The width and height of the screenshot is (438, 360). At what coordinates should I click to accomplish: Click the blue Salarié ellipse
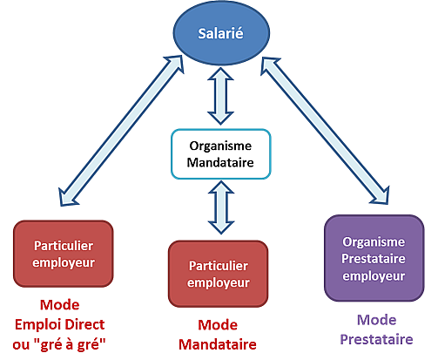221,33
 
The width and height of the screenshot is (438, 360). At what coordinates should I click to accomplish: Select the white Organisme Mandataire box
221,154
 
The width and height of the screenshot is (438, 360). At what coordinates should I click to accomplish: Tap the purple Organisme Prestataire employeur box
374,258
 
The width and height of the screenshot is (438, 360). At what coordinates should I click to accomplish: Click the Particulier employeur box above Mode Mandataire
219,274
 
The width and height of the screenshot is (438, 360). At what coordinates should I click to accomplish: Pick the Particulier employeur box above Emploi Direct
64,254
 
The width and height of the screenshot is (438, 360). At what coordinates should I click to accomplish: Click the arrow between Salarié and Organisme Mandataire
220,96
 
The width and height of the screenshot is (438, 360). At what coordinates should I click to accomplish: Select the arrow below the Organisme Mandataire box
221,207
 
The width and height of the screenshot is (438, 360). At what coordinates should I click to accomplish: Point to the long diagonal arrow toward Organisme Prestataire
325,131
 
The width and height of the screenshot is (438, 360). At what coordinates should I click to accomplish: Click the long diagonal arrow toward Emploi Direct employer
121,131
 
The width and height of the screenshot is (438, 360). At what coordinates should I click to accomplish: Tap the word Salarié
220,33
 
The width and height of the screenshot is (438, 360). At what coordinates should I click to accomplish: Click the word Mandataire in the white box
220,162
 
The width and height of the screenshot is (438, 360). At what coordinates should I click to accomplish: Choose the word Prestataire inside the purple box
374,259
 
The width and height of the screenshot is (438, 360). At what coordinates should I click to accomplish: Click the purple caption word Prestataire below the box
376,339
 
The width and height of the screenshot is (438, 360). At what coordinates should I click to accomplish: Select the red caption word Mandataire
218,344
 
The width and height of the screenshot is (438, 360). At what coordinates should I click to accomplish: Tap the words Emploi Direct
59,324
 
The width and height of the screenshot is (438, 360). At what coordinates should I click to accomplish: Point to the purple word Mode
377,320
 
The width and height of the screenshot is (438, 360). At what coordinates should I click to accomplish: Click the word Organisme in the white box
220,146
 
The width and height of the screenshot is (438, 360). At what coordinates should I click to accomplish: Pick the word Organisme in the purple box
374,241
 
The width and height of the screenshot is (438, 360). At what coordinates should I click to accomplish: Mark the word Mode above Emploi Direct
60,305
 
